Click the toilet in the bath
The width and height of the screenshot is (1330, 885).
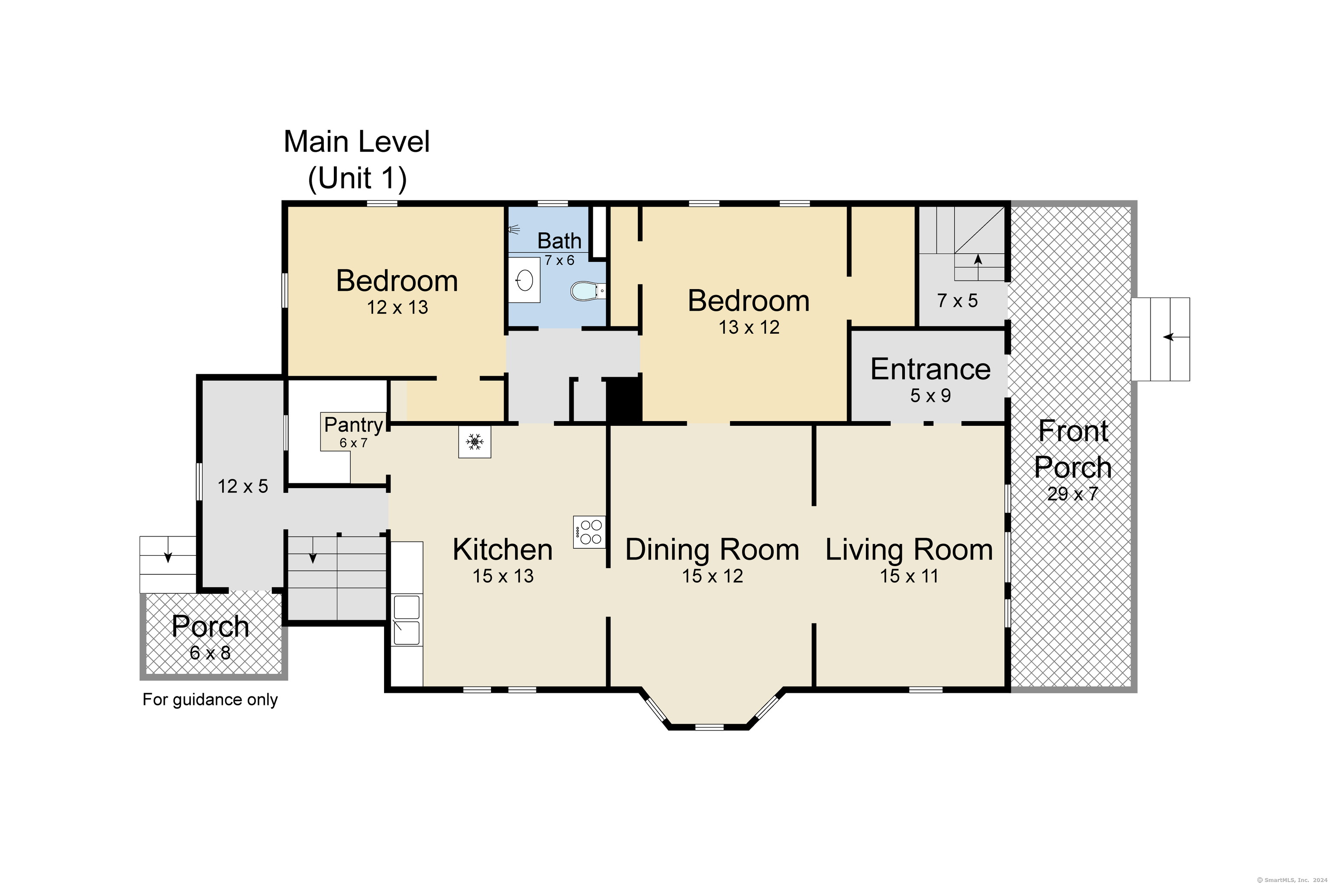point(588,291)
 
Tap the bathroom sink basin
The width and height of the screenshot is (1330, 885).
point(524,280)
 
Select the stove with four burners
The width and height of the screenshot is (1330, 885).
point(589,532)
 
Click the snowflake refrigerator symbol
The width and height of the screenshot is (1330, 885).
point(474,442)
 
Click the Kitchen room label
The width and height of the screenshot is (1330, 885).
point(502,549)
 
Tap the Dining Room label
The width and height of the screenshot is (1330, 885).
point(712,549)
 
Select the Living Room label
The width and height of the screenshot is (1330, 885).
point(909,549)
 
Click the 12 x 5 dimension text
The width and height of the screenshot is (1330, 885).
point(243,486)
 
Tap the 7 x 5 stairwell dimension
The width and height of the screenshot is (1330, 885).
point(957,301)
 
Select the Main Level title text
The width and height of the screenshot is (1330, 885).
point(357,141)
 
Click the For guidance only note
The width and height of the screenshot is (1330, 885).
point(210,700)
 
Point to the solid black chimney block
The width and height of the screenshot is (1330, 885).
point(624,399)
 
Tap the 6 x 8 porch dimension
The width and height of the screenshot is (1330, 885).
point(210,653)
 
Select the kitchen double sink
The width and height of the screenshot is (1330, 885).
point(407,619)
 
